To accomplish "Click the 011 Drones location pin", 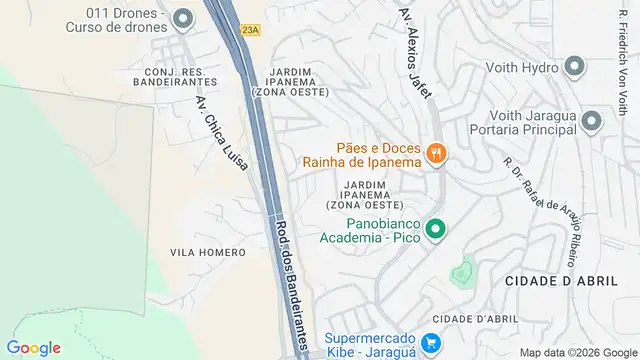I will pos(182,18).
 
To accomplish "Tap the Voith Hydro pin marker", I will pos(574,67).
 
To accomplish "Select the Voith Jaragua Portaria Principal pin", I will pos(591,122).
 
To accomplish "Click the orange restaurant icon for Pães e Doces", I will pos(436,153).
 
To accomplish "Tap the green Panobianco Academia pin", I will pos(435,229).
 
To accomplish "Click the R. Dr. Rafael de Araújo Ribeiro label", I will pos(541,211).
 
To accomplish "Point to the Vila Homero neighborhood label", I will pos(208,252).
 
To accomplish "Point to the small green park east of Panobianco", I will pos(461,270).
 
